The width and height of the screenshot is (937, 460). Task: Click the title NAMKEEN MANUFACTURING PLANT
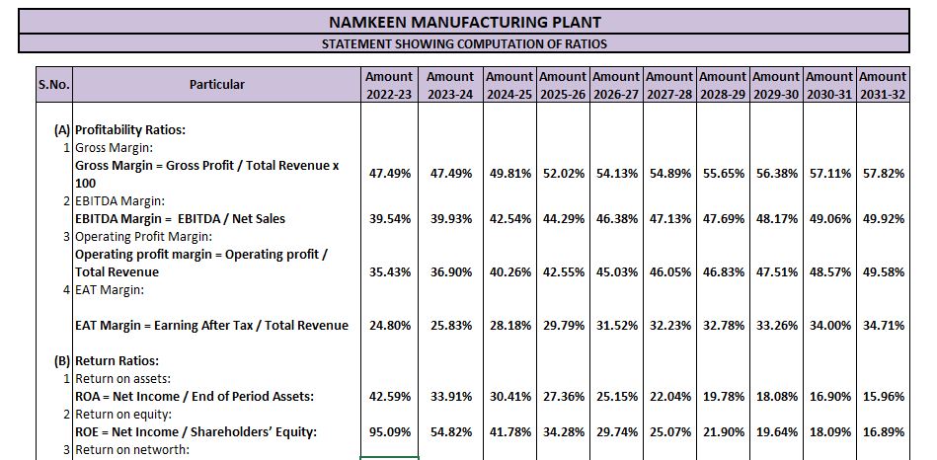(464, 22)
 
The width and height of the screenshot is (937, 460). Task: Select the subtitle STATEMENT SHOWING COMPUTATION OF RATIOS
(464, 43)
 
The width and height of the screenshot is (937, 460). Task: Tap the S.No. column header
(54, 85)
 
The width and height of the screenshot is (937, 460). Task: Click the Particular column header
(217, 85)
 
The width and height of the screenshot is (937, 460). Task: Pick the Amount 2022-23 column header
(389, 85)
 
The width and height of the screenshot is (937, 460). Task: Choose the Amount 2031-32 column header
(882, 85)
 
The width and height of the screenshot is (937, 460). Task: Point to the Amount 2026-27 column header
(616, 85)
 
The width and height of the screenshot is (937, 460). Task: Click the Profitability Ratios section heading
(130, 129)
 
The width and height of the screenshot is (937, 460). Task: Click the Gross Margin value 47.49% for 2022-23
(389, 174)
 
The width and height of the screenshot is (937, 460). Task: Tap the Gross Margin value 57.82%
(883, 174)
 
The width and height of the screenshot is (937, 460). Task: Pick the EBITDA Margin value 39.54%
(389, 219)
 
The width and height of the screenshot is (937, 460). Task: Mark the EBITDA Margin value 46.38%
(617, 219)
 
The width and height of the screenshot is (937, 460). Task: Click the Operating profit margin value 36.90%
(450, 272)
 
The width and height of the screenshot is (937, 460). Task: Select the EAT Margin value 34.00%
(829, 326)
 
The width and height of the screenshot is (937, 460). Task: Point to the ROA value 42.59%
(389, 397)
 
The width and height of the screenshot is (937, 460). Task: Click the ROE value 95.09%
(389, 432)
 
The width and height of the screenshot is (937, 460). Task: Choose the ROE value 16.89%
(883, 432)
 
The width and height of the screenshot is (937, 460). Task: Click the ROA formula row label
(195, 397)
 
